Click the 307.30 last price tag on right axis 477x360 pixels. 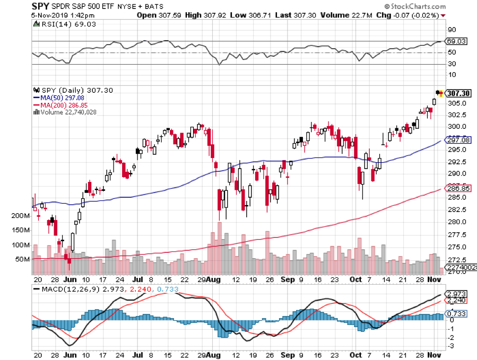tap(458, 93)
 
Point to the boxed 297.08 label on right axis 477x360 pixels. tap(458, 140)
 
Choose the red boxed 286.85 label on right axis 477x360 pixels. tap(458, 188)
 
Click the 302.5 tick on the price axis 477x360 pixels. tap(457, 115)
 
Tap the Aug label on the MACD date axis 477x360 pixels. tap(213, 355)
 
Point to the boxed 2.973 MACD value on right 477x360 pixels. tap(456, 294)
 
